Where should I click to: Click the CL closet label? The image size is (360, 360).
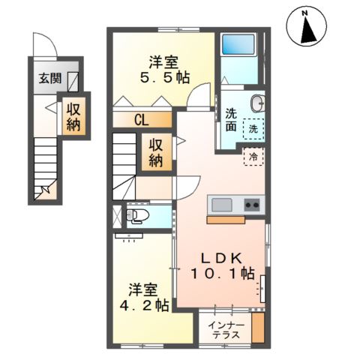click(x=142, y=118)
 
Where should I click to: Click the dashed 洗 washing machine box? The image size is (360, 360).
click(x=255, y=128)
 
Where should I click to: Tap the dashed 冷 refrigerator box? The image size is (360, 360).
click(x=253, y=157)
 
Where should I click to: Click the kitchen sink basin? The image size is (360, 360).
click(x=223, y=204)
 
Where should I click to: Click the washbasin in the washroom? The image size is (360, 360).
click(x=256, y=103)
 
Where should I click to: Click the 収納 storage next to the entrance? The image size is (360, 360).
click(x=73, y=117)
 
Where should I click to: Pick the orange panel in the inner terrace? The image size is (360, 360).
click(x=258, y=328)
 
